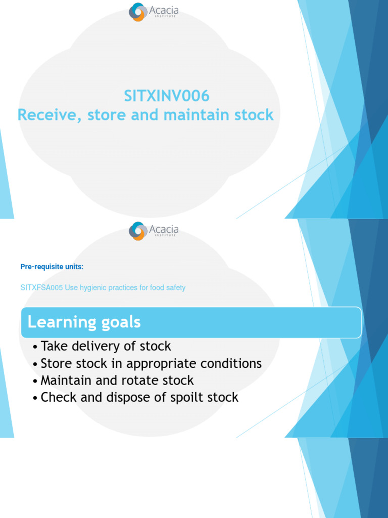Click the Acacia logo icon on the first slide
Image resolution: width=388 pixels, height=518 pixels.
point(137,12)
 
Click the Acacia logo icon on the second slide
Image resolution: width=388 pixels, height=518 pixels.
point(137,231)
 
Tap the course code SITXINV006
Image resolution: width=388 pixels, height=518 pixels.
point(167,96)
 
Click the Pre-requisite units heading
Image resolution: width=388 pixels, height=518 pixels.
point(52,267)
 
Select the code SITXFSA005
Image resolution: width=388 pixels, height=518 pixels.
point(41,288)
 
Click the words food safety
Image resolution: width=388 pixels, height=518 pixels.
point(167,288)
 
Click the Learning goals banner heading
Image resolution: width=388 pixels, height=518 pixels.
point(84,322)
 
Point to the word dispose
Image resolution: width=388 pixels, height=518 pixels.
point(126,398)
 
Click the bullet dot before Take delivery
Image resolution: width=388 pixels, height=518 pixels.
point(34,348)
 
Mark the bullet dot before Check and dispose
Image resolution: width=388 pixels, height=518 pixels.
point(34,399)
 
